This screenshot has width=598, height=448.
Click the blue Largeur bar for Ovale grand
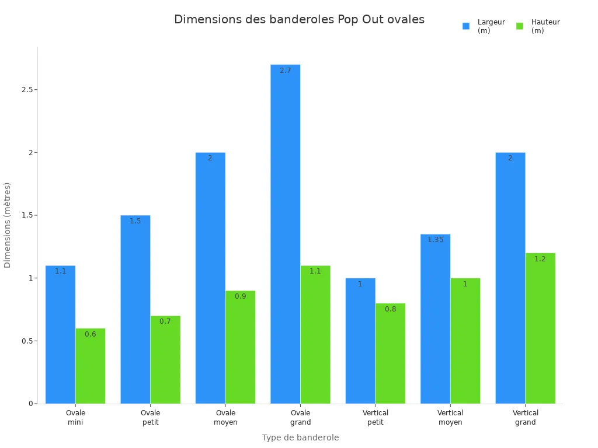click(285, 233)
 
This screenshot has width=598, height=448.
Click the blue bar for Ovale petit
click(135, 309)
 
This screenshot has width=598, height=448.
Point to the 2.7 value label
click(285, 71)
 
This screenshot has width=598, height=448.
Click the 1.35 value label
click(435, 240)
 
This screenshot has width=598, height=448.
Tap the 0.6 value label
click(91, 334)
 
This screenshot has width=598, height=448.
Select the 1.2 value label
click(540, 259)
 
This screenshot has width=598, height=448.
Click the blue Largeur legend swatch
click(466, 26)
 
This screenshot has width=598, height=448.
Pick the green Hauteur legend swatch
click(520, 26)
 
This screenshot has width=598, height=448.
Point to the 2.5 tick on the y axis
click(27, 90)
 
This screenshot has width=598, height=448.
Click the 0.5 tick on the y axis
click(27, 341)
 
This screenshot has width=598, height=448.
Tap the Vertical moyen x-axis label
click(450, 418)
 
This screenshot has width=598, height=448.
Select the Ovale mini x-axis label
click(75, 418)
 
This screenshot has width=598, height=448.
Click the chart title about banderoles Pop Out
click(299, 19)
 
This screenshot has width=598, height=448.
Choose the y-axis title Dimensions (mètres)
click(8, 225)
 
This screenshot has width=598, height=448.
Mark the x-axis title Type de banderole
click(300, 437)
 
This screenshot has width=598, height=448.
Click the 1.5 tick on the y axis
click(27, 215)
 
